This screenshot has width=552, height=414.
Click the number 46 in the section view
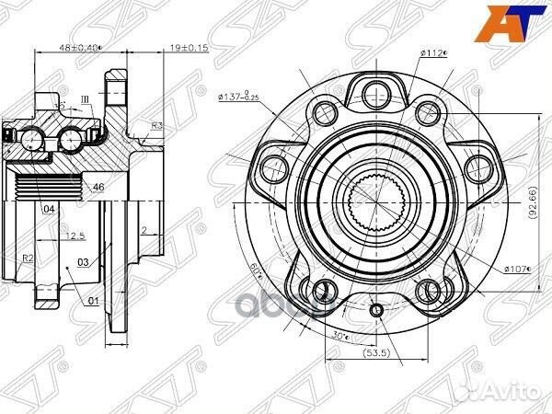(x=99, y=187)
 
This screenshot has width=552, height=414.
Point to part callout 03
(x=83, y=263)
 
